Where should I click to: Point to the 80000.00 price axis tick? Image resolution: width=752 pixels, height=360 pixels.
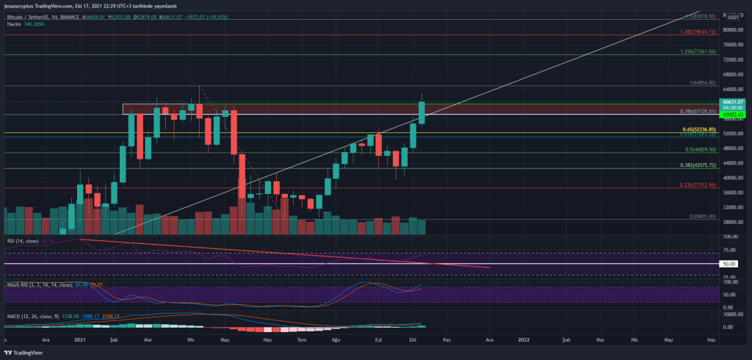tap(734, 30)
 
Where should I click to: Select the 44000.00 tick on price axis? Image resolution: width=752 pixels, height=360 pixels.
tap(734, 162)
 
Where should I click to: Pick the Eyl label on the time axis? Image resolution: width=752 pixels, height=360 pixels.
tap(378, 340)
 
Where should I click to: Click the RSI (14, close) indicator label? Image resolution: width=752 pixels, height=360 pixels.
tap(23, 240)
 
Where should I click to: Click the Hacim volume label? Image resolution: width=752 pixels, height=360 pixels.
tap(15, 24)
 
